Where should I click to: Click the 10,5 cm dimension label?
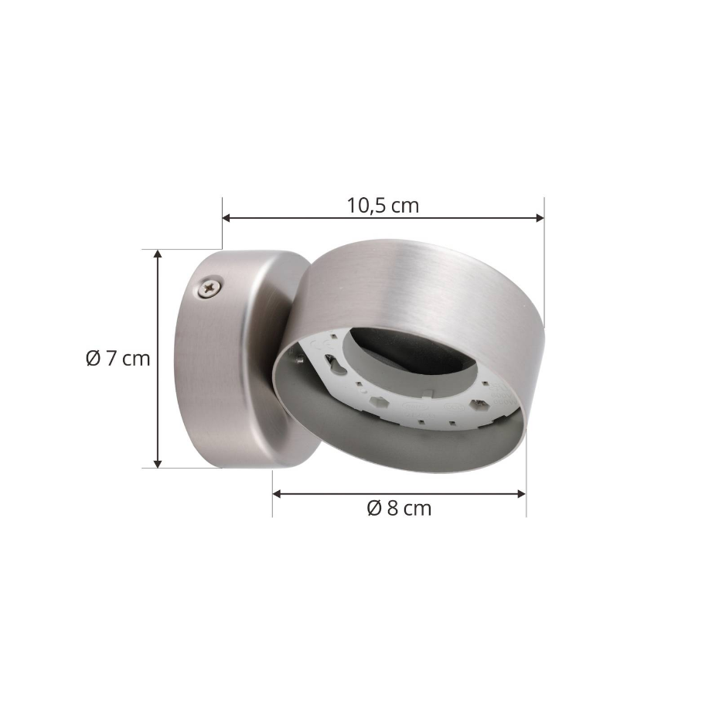click(x=383, y=206)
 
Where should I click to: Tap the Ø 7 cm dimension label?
click(x=118, y=358)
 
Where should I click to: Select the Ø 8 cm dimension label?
click(x=399, y=508)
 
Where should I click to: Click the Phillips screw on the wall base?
click(x=210, y=288)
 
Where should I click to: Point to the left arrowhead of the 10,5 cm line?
click(x=226, y=218)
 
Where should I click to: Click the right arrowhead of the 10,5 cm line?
click(x=540, y=218)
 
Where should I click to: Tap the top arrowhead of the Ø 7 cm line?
click(x=158, y=254)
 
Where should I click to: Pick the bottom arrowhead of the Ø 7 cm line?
click(x=158, y=464)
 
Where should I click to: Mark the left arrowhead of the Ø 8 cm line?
click(x=277, y=493)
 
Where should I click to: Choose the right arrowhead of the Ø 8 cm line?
click(x=521, y=493)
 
